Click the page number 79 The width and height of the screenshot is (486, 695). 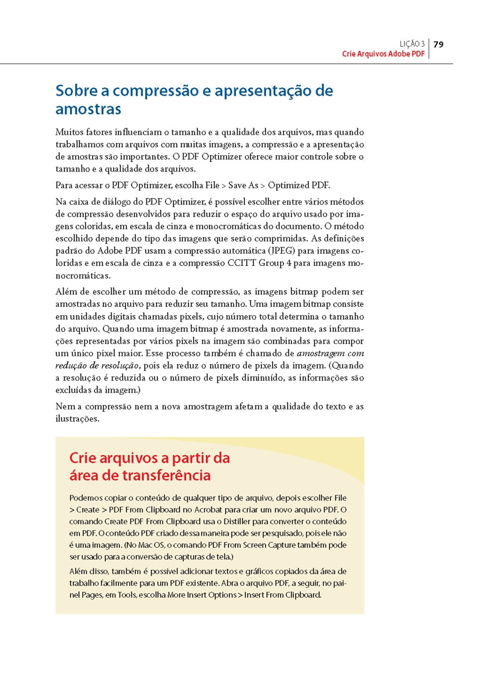pos(438,44)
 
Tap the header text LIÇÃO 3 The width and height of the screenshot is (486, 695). pos(412,44)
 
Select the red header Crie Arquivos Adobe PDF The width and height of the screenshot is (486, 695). pos(383,54)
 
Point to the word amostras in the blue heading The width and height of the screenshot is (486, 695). pos(89,109)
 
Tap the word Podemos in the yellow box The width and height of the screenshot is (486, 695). pos(84,498)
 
